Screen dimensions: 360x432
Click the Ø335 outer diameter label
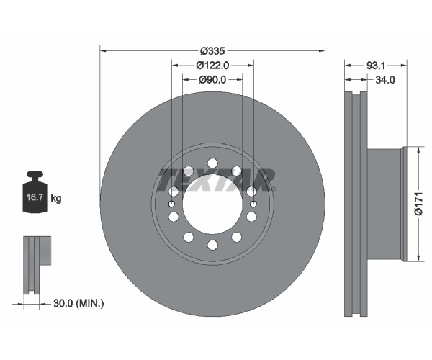click(212, 50)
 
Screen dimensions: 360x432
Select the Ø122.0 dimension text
click(212, 65)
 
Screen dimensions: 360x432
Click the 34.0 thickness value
click(385, 80)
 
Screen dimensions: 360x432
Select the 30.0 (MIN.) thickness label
click(79, 303)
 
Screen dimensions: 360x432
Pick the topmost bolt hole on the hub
click(212, 163)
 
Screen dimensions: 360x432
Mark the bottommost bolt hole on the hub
click(212, 245)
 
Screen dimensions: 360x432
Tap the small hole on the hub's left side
click(171, 204)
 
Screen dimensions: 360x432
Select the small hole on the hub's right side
click(253, 204)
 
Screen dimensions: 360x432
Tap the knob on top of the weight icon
click(35, 176)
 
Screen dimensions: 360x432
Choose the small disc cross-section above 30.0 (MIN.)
click(35, 263)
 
